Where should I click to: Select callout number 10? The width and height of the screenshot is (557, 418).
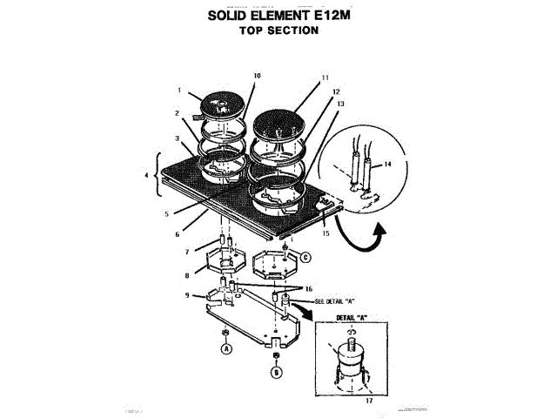coord(257,76)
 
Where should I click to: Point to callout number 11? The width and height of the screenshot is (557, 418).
coord(325,78)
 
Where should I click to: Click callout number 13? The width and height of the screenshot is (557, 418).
coord(341,104)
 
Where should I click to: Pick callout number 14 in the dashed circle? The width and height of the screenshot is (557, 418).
coord(387,164)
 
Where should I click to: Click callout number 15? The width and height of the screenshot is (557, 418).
coord(325,233)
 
